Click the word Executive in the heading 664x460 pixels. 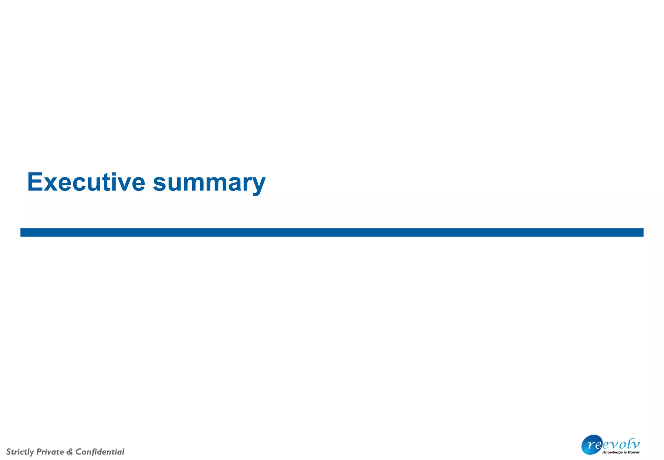(x=86, y=182)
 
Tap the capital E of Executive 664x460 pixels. (x=35, y=182)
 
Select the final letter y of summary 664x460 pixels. (x=258, y=186)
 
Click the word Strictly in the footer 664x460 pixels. (x=20, y=452)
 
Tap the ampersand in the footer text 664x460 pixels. (x=69, y=452)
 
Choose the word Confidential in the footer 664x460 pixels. (x=100, y=452)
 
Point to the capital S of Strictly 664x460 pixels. (x=9, y=452)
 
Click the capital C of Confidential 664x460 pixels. (x=78, y=452)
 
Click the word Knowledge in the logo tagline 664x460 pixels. (x=612, y=452)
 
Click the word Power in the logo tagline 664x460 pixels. (x=634, y=452)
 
